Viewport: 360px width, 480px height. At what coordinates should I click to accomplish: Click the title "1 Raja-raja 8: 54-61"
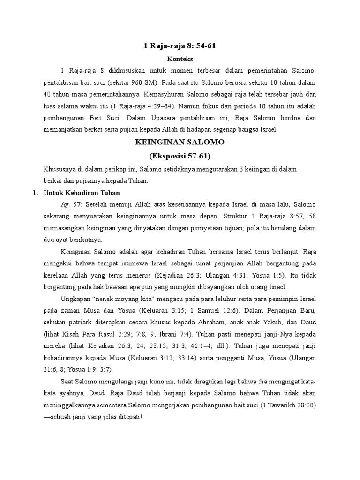180,46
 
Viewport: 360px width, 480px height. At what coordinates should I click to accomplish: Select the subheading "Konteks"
180,60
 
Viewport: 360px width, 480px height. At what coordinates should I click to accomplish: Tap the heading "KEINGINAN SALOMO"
180,142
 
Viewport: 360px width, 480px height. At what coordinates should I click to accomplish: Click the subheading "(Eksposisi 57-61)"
180,155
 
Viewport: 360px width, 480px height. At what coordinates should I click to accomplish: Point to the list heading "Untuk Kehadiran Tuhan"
82,193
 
